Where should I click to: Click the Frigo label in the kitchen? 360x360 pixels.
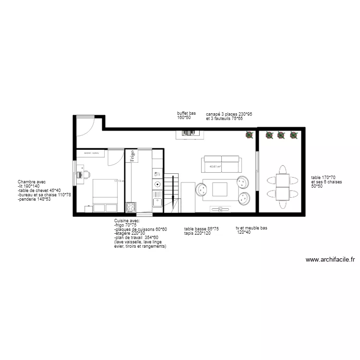[x=132, y=157]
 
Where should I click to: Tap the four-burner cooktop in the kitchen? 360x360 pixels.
[x=131, y=207]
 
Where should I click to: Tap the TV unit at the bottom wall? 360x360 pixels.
[x=220, y=209]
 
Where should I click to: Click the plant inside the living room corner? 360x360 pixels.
[x=249, y=135]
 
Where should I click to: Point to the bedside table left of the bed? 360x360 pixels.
[x=88, y=209]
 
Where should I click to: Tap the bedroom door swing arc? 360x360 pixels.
[x=114, y=158]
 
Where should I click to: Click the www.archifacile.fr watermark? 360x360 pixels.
[x=330, y=260]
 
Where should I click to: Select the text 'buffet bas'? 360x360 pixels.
[x=186, y=114]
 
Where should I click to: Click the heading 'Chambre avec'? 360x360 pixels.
[x=31, y=182]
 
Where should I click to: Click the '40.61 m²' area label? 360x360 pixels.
[x=215, y=168]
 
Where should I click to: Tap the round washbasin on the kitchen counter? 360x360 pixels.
[x=156, y=184]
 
